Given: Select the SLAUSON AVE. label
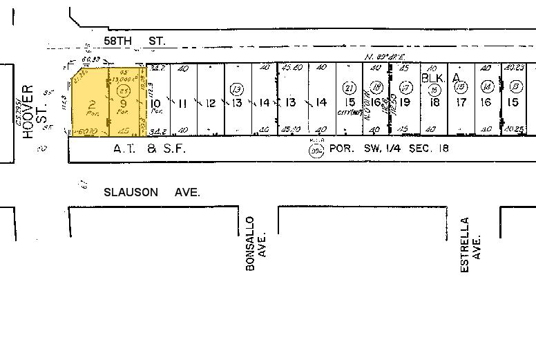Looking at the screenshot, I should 152,192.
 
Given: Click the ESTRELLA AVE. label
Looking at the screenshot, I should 470,244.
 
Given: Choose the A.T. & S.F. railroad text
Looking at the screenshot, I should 150,148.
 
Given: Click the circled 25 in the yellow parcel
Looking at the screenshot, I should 124,90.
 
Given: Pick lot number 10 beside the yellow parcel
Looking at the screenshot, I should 155,103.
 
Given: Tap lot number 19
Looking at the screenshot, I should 405,102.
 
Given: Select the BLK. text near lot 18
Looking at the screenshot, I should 432,78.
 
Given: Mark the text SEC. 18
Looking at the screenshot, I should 423,148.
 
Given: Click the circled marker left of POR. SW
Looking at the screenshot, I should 317,149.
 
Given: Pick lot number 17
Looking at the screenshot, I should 461,102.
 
